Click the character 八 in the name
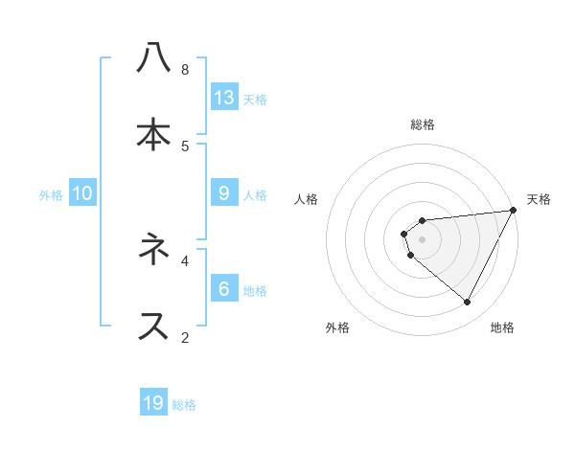pos(153,59)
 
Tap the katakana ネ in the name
pos(153,250)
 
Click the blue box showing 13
pos(224,97)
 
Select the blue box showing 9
pos(224,193)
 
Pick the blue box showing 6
pos(224,288)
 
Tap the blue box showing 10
pos(82,193)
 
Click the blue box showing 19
pos(153,403)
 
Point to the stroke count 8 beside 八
pos(185,70)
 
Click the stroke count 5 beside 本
pos(185,146)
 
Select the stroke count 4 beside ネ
pos(185,259)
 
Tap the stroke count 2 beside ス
pos(185,337)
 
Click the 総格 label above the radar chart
pos(423,124)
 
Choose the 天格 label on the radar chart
pos(539,199)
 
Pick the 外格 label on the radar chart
pos(337,327)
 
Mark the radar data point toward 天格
pos(513,211)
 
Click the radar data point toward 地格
pos(468,303)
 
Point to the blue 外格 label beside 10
pos(51,194)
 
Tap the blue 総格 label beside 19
pos(184,405)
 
